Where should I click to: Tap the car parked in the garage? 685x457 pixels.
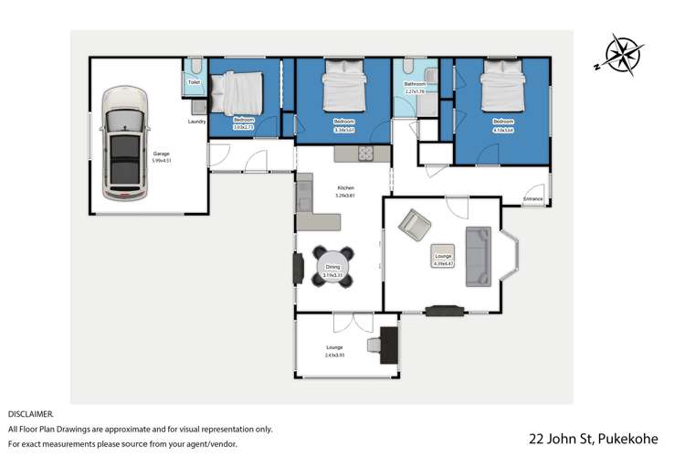coord(126,143)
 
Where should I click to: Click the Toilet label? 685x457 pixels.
coord(194,82)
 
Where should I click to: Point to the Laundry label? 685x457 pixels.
coord(196,122)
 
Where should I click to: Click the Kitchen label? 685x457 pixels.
coord(344,188)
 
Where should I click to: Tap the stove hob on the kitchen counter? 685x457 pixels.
coord(369,153)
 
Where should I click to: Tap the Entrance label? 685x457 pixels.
coord(532,199)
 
